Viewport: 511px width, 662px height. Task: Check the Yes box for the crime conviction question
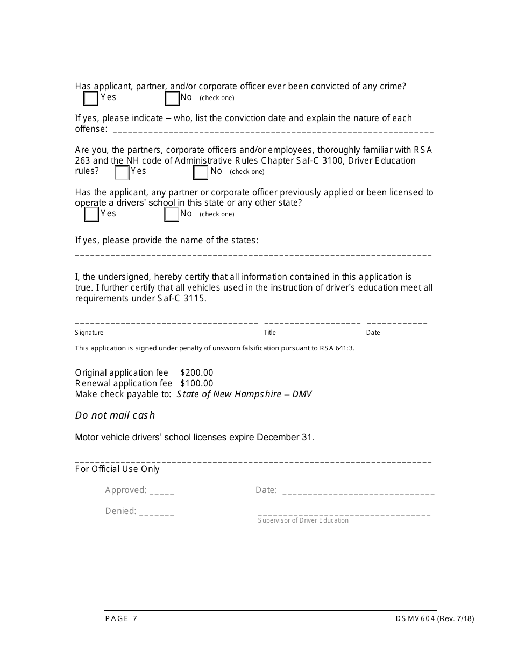coord(91,99)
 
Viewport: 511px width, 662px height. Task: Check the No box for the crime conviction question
coord(172,99)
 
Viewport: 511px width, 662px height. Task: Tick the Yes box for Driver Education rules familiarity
coord(122,173)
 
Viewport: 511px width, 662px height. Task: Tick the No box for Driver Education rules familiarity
coord(201,173)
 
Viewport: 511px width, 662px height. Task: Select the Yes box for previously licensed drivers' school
coord(91,215)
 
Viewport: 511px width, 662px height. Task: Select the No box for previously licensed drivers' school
coord(172,215)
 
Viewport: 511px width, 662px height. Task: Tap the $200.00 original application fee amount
coord(197,372)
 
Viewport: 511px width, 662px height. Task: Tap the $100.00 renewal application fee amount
coord(197,383)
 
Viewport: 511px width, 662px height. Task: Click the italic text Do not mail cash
coord(115,415)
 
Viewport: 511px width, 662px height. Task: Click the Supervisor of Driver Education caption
coord(303,520)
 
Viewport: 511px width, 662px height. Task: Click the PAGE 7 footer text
coord(121,618)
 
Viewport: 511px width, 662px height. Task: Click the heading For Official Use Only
coord(117,469)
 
